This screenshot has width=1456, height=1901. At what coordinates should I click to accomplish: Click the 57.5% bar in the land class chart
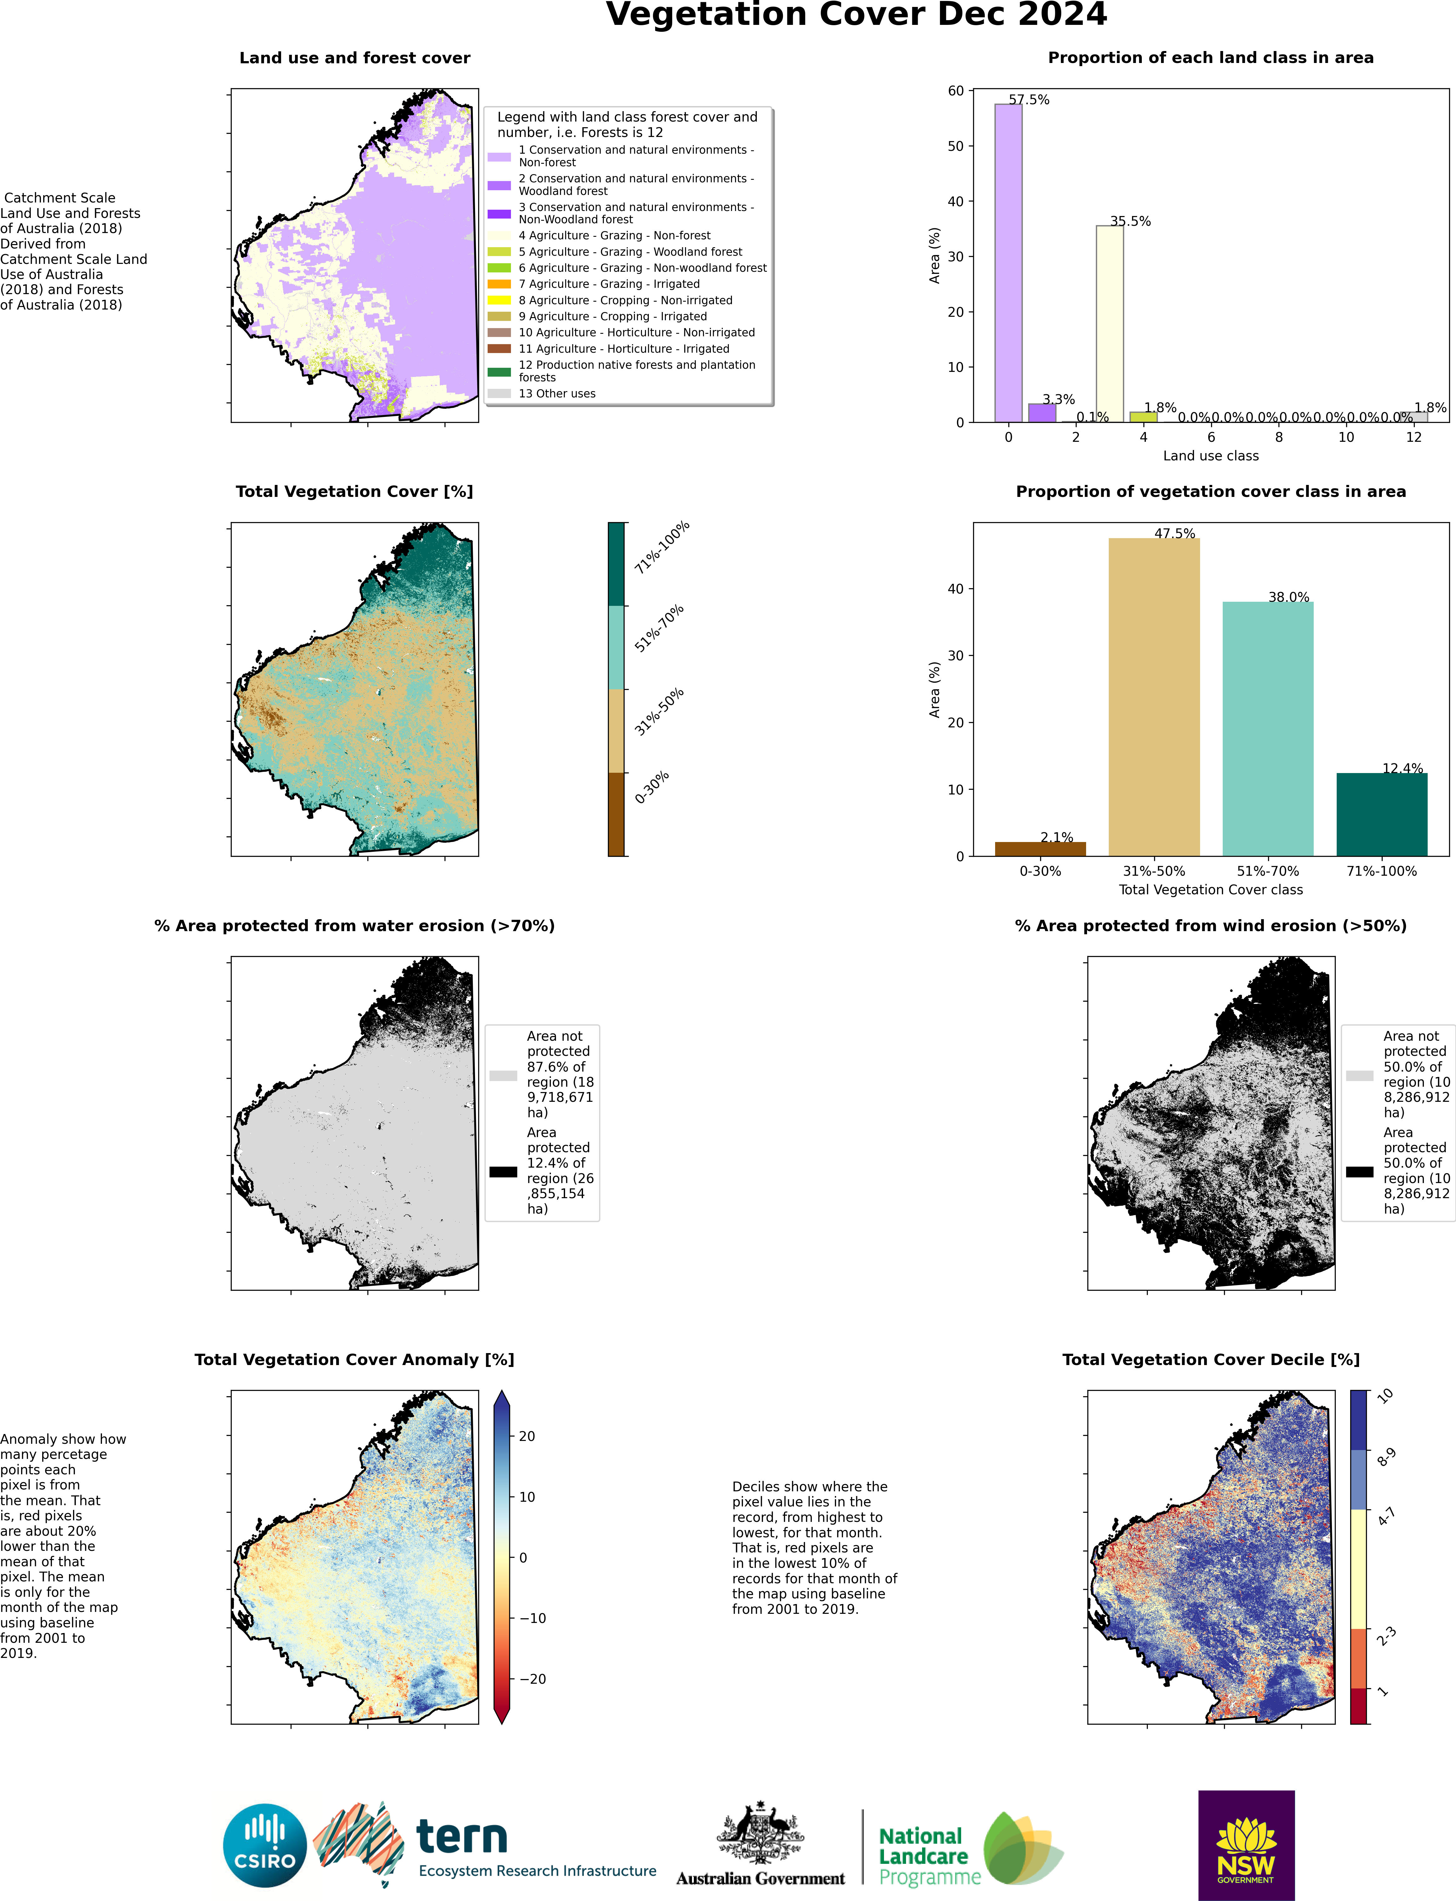point(1008,263)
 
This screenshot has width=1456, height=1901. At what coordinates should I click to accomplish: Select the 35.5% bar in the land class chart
point(1109,324)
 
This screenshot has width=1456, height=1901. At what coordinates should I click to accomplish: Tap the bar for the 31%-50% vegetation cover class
point(1153,697)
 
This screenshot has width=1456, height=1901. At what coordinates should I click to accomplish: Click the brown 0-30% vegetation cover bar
point(1040,849)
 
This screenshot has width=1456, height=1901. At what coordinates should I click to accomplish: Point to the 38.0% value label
point(1289,597)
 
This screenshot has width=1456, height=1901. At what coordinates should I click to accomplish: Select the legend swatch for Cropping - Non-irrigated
point(499,300)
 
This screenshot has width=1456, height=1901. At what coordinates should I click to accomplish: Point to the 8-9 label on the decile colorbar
point(1387,1457)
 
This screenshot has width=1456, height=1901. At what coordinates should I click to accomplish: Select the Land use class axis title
point(1211,456)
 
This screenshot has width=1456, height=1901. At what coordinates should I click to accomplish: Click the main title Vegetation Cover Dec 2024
point(856,15)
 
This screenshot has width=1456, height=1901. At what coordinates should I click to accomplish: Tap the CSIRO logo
point(265,1846)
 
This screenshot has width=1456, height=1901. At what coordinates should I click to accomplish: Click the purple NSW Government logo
point(1246,1846)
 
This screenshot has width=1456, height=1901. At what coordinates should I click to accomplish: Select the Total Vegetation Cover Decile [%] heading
point(1211,1360)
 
